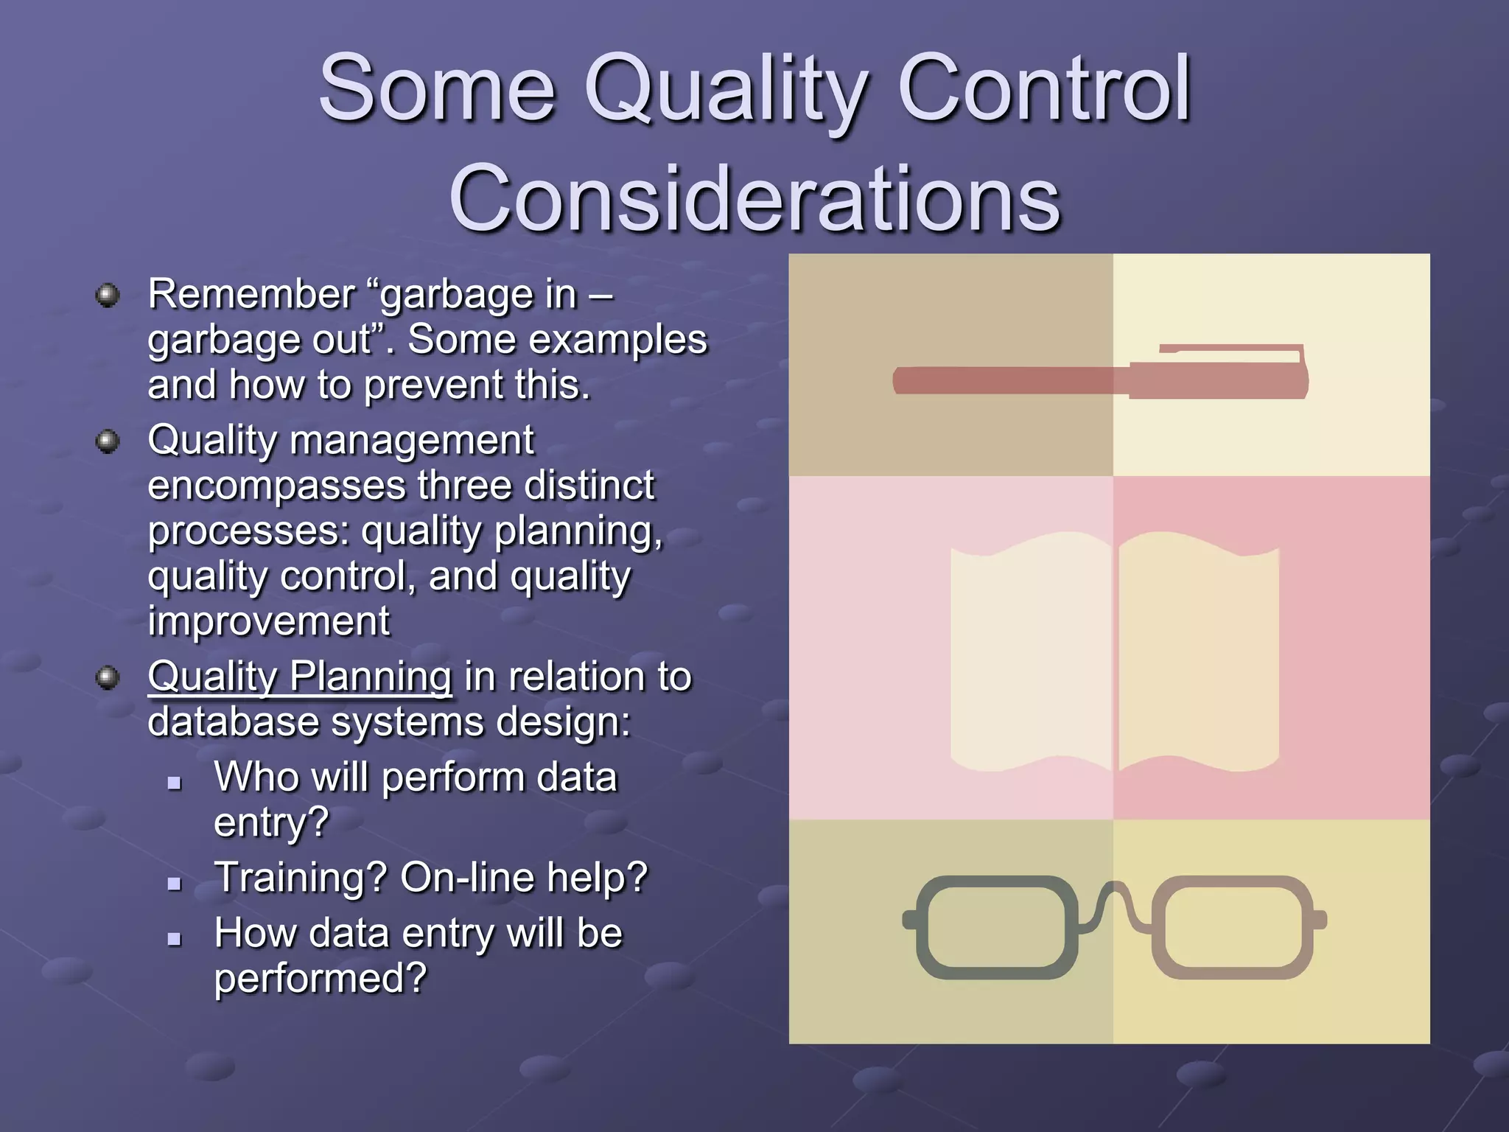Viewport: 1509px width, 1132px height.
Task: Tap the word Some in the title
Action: pyautogui.click(x=436, y=90)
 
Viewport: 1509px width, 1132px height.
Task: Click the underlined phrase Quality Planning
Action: pyautogui.click(x=299, y=676)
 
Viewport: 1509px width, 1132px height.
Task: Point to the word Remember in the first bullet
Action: pyautogui.click(x=251, y=294)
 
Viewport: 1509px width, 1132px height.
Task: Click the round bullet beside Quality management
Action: pyautogui.click(x=108, y=442)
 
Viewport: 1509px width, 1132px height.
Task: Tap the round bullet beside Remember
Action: pyautogui.click(x=108, y=296)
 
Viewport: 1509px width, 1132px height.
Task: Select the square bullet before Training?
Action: pyautogui.click(x=175, y=882)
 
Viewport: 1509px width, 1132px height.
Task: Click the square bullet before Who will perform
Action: pyautogui.click(x=175, y=782)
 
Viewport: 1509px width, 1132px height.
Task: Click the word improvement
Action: pyautogui.click(x=268, y=621)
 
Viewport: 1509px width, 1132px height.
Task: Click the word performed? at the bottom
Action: pyautogui.click(x=320, y=978)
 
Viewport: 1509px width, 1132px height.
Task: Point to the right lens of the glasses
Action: pyautogui.click(x=1232, y=926)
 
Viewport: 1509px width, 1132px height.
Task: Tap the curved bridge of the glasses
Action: pyautogui.click(x=1116, y=895)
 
